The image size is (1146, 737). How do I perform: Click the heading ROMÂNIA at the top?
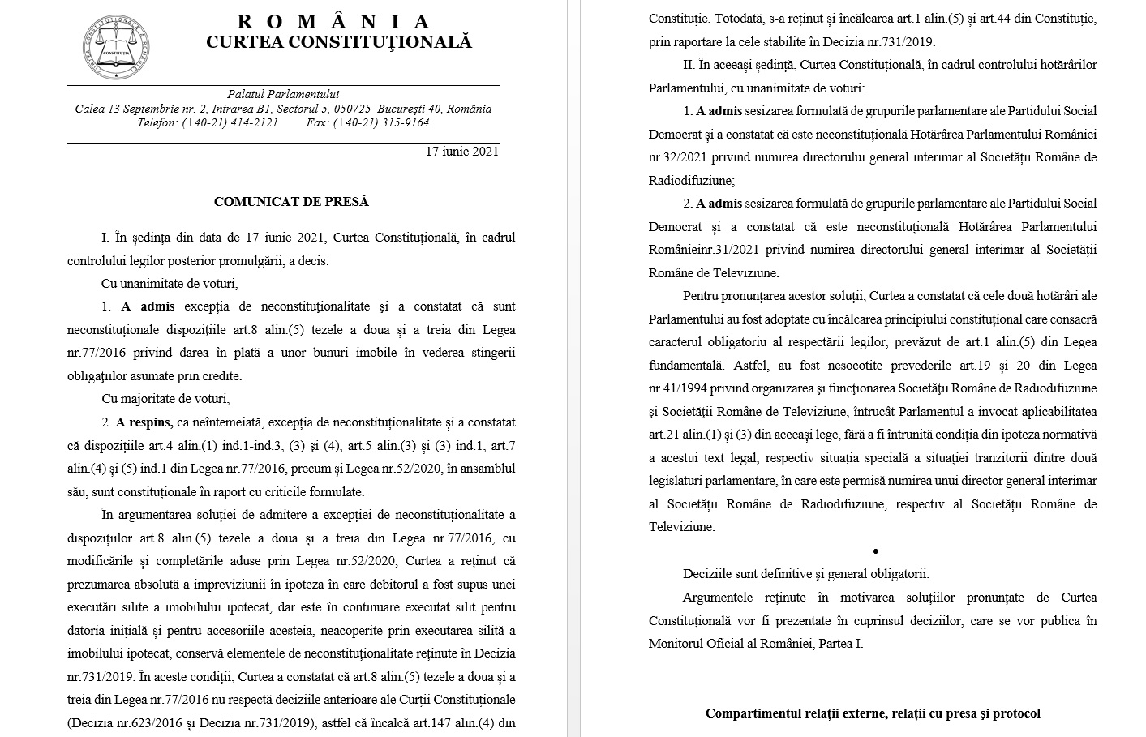coord(334,22)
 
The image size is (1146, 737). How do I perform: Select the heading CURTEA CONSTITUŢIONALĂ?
coord(338,42)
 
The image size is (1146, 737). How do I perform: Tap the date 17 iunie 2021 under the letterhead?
coord(462,151)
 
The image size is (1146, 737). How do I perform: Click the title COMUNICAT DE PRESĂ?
coord(291,202)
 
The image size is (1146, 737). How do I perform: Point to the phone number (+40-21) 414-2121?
coord(230,122)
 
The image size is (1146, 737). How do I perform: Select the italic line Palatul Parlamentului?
coord(283,95)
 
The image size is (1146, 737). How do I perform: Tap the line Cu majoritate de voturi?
coord(165,399)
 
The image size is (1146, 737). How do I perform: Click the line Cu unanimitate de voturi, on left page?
coord(170,284)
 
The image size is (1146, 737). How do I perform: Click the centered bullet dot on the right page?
coord(875,551)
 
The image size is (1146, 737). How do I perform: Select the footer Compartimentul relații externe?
coord(873,713)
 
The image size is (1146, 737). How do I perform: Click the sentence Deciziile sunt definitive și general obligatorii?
coord(806,574)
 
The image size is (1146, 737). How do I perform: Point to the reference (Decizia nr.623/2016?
coord(125,722)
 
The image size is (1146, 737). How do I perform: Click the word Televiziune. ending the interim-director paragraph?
coord(682,527)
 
